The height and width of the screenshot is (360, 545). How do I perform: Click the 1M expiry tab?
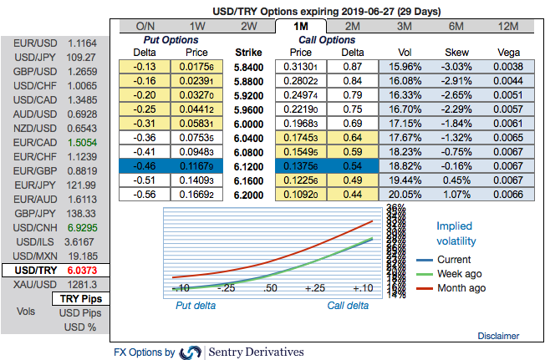pos(301,26)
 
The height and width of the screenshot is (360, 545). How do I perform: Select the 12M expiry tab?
pos(507,26)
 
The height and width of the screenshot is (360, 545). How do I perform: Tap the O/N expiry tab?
pos(145,26)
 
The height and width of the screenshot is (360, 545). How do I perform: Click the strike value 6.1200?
pos(249,166)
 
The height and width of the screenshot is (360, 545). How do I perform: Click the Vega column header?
pos(507,51)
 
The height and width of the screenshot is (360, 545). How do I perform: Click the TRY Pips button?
pos(80,299)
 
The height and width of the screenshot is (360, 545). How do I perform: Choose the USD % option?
pos(80,327)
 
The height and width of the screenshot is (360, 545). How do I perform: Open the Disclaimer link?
pos(498,336)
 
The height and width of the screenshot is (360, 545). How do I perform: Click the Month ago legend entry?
pos(460,288)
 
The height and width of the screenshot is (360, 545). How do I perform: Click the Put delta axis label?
pos(195,306)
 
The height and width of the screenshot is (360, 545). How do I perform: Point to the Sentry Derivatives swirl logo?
pos(191,352)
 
